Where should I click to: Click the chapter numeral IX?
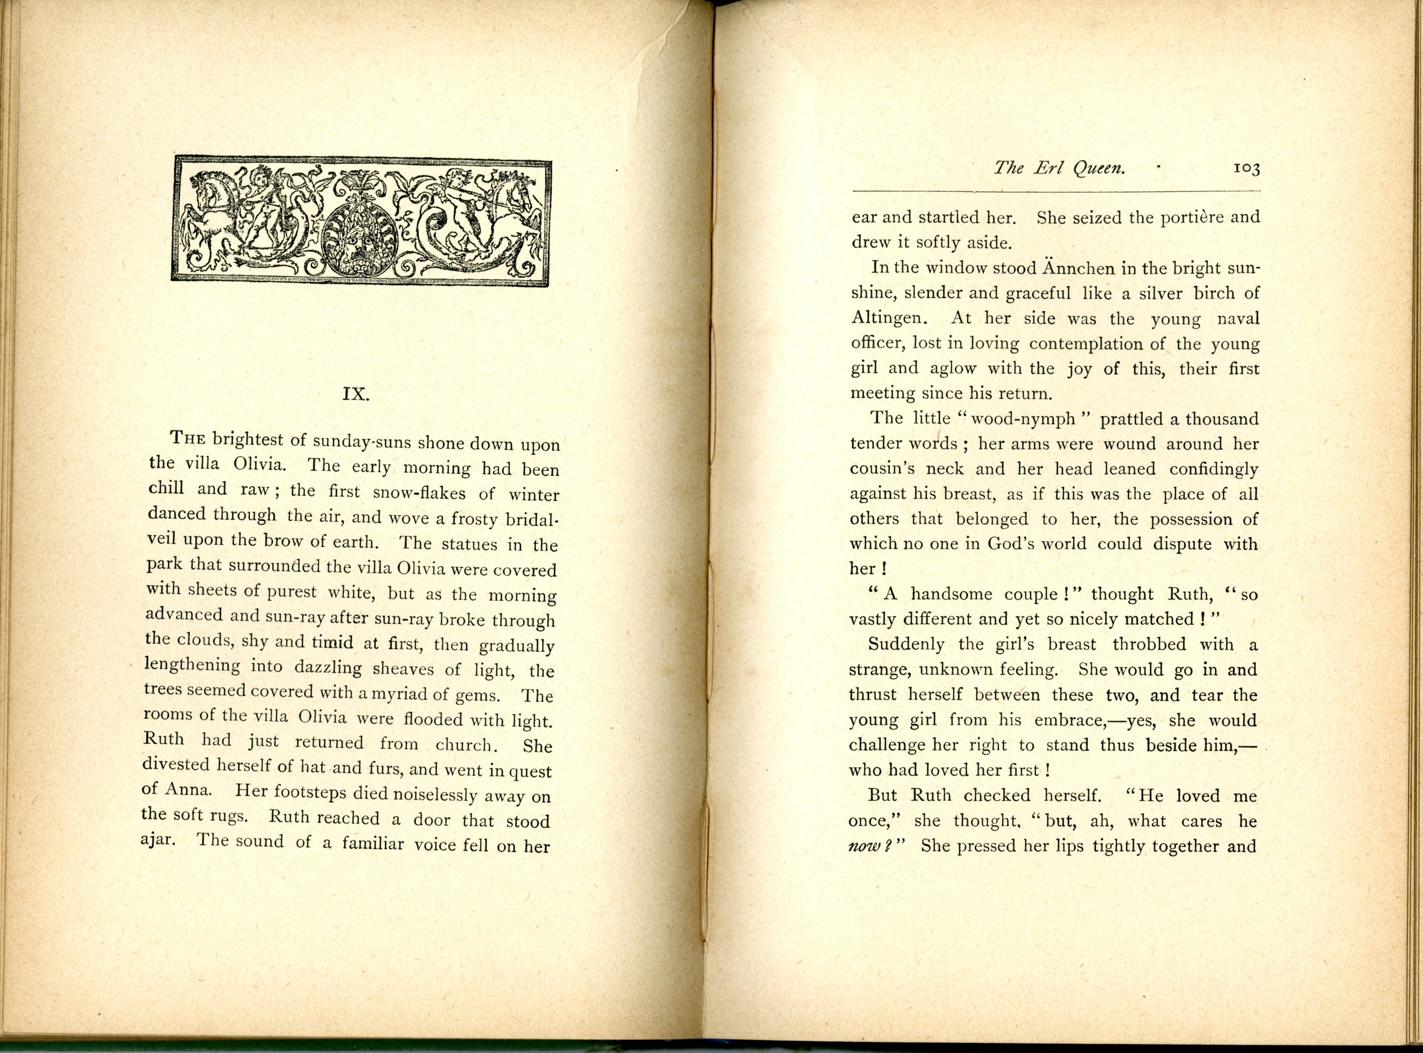[356, 394]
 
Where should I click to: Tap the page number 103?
[1246, 168]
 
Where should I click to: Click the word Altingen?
[890, 319]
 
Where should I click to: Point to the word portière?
[1174, 218]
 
